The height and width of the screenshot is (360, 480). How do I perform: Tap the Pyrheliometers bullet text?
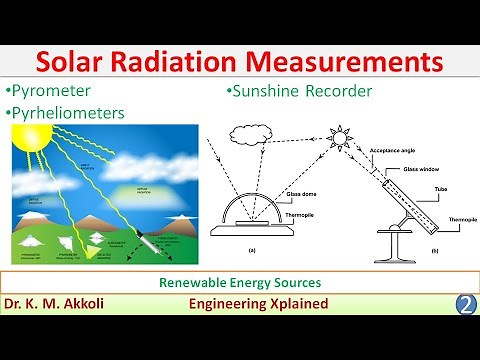coord(68,112)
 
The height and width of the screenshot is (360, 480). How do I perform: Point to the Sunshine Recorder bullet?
coord(300,92)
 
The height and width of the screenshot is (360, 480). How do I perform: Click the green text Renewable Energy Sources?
coord(239,283)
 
